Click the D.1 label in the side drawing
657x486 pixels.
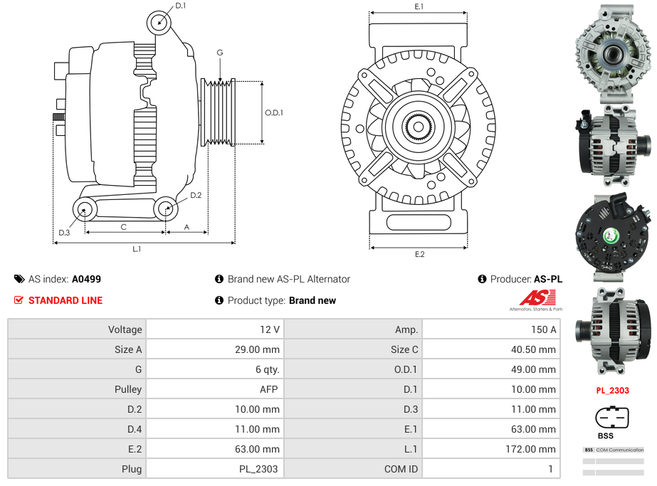[181, 6]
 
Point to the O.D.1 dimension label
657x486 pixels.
[274, 112]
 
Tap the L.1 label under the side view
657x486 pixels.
[137, 249]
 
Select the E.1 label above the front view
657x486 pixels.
[419, 6]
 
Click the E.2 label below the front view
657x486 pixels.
[419, 254]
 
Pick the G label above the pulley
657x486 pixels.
[220, 53]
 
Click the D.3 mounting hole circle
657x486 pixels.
[85, 209]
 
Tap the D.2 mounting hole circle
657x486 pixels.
[166, 208]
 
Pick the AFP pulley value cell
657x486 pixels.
[214, 389]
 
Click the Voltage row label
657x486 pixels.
[76, 329]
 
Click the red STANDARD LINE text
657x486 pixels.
[65, 300]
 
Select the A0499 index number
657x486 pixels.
[86, 280]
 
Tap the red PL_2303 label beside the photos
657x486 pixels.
[612, 390]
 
